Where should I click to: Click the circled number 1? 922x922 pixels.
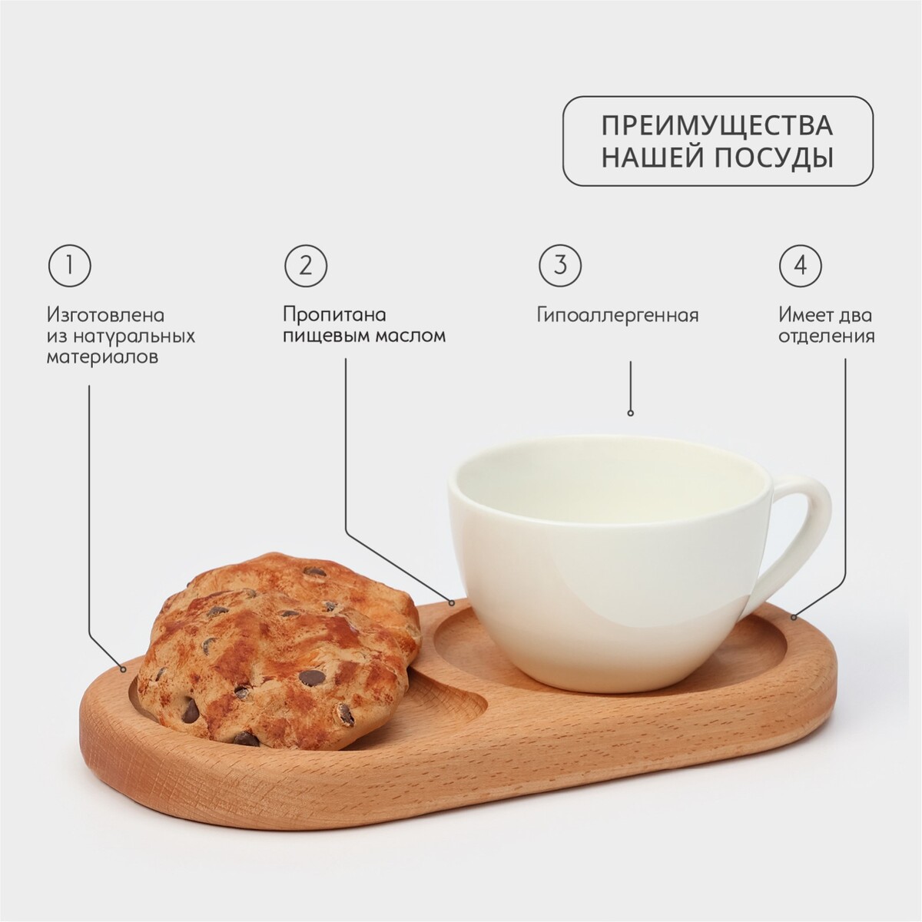[x=69, y=266]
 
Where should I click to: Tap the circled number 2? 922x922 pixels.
[x=307, y=266]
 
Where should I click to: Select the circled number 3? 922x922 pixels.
[x=560, y=266]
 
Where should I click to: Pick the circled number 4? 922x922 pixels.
[x=801, y=266]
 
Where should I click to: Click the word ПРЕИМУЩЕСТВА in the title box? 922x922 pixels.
[x=718, y=126]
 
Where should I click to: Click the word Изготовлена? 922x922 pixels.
[x=106, y=316]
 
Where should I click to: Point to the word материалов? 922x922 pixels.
[x=102, y=357]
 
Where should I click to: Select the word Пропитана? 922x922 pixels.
[x=334, y=316]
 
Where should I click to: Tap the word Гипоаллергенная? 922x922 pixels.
[x=618, y=316]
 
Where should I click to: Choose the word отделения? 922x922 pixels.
[x=826, y=337]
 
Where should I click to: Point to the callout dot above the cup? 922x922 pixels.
[x=631, y=413]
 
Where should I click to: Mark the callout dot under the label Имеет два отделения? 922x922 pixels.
[x=794, y=618]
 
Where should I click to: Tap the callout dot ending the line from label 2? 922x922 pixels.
[x=452, y=604]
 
